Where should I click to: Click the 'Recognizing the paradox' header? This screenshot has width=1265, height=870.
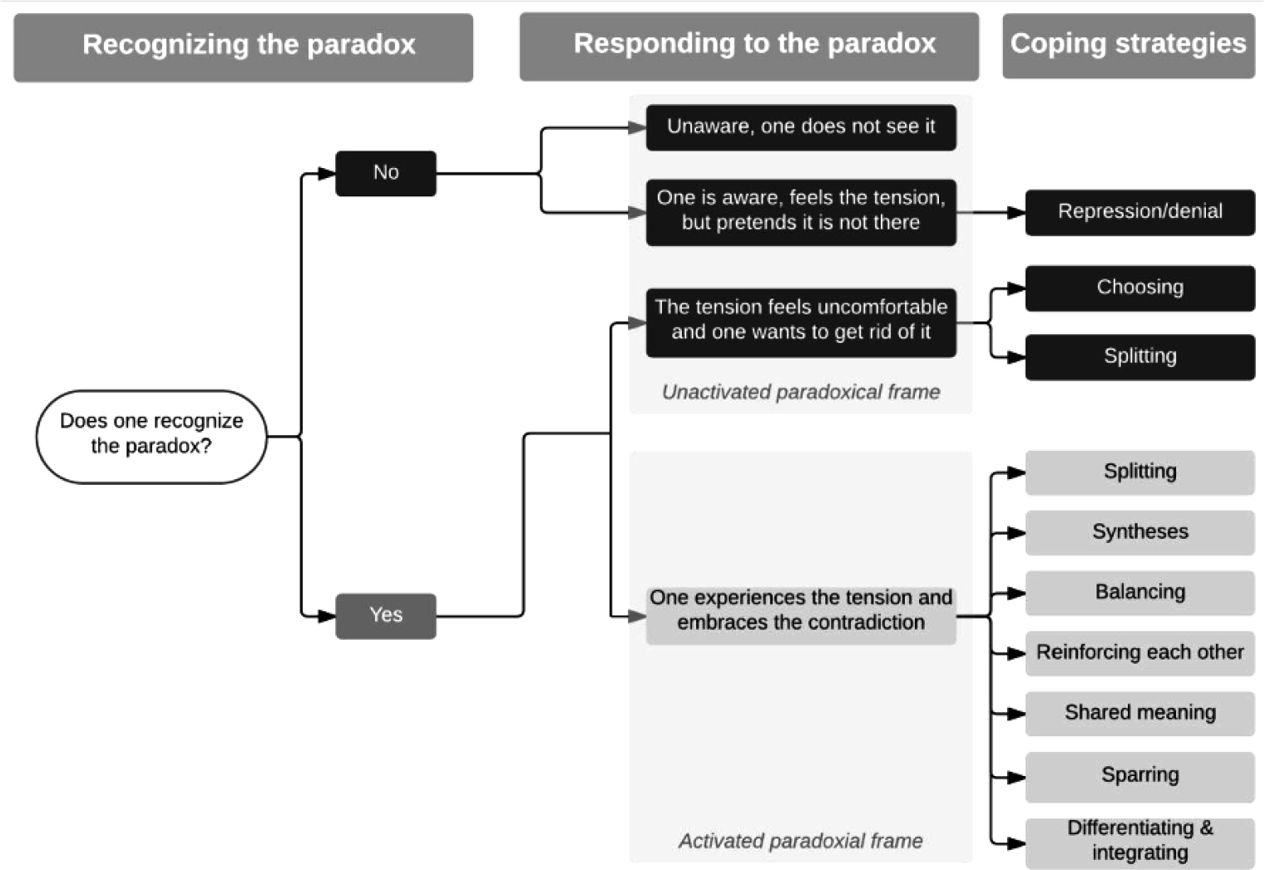[244, 47]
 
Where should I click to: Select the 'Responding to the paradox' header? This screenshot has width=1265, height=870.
[749, 47]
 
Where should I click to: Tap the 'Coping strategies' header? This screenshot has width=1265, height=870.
[1129, 46]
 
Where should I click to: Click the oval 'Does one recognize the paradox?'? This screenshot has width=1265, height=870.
[151, 436]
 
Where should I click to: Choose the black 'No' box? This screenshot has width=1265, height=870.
[386, 174]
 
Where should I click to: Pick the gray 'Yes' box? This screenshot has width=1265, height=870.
[386, 615]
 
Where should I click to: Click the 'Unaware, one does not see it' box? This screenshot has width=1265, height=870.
[801, 128]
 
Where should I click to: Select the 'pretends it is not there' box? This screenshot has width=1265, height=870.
[801, 212]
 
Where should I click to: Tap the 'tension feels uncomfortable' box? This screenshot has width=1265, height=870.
[801, 323]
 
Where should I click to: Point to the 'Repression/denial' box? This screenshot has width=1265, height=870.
[1140, 212]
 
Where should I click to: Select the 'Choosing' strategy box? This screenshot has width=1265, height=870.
[1140, 288]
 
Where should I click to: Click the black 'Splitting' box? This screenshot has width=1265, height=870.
[1140, 357]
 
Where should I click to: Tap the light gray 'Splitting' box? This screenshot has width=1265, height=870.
[1140, 473]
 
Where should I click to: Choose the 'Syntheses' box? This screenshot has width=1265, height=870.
[1140, 533]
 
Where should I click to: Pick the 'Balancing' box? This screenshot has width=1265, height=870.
[1140, 593]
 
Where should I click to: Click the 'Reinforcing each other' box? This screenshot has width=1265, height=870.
[1140, 654]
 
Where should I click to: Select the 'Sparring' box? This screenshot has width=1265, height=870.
[1140, 777]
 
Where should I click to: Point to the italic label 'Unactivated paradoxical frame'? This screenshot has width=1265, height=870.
[801, 392]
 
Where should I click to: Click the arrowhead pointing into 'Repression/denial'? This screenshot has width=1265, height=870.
[1016, 212]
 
